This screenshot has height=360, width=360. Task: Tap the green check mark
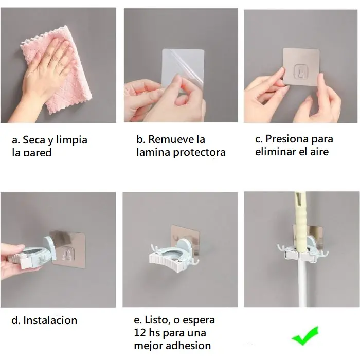305,336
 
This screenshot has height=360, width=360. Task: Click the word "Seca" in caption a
34,140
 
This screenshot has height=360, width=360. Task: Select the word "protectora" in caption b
199,152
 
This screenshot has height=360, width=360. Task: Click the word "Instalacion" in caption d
50,320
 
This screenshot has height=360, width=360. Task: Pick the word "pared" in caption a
38,153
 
